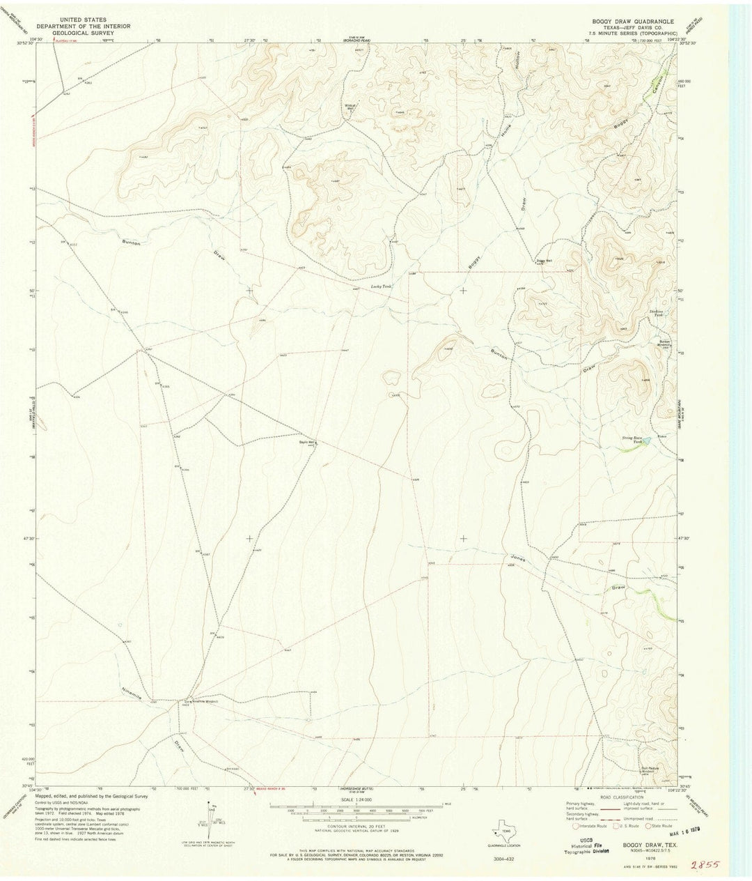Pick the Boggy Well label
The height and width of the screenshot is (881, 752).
(x=544, y=261)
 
